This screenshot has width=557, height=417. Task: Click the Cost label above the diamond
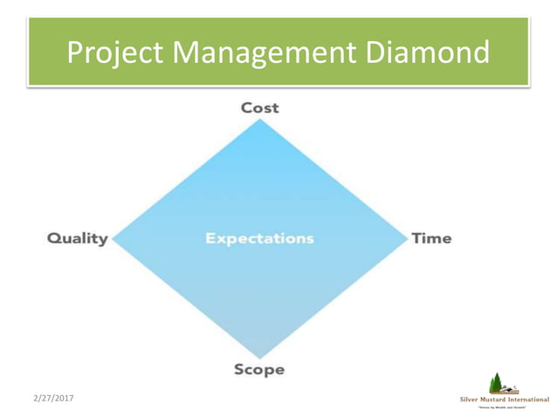tap(260, 107)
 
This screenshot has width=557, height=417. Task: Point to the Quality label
tap(77, 238)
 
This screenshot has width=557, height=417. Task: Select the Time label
tap(431, 238)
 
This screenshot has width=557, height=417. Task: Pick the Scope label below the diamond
tap(259, 369)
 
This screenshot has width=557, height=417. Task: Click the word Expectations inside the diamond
tap(259, 238)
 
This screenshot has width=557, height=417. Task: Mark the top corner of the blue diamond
tap(260, 121)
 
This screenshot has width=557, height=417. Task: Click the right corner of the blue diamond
tap(406, 237)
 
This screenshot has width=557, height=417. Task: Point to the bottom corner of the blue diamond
tap(260, 356)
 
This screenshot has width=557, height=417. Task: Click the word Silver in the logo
tap(470, 400)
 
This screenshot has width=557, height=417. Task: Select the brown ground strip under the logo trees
tap(505, 393)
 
